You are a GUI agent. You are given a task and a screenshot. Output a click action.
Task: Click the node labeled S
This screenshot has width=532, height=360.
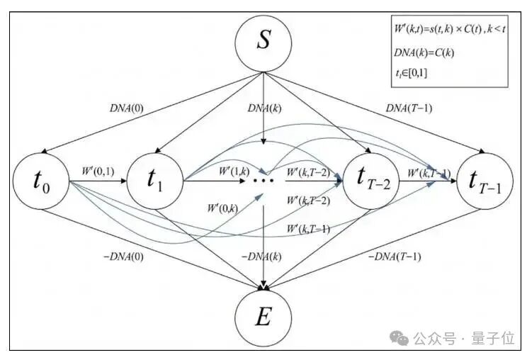pyautogui.click(x=264, y=41)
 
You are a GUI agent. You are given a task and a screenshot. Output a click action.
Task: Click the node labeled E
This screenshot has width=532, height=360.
pyautogui.click(x=264, y=317)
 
